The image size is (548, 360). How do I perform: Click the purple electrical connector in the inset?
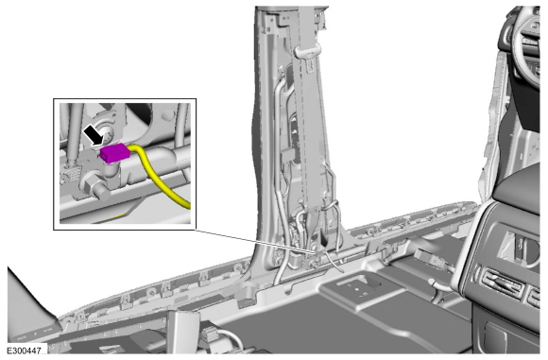pos(115,153)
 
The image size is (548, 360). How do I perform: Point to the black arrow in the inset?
pos(94,136)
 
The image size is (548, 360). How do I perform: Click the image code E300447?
pos(25,351)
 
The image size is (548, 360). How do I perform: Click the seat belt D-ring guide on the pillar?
pos(308,52)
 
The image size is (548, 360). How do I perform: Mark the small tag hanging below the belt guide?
pos(310,66)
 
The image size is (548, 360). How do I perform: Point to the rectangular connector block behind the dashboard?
pos(429,259)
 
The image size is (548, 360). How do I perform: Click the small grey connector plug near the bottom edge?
pos(209,334)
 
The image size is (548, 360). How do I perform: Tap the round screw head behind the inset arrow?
pos(107,132)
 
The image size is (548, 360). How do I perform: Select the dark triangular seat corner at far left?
pos(28,308)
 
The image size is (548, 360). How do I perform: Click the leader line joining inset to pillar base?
pos(255,241)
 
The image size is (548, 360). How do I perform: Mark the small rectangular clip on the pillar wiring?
pos(287,155)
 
